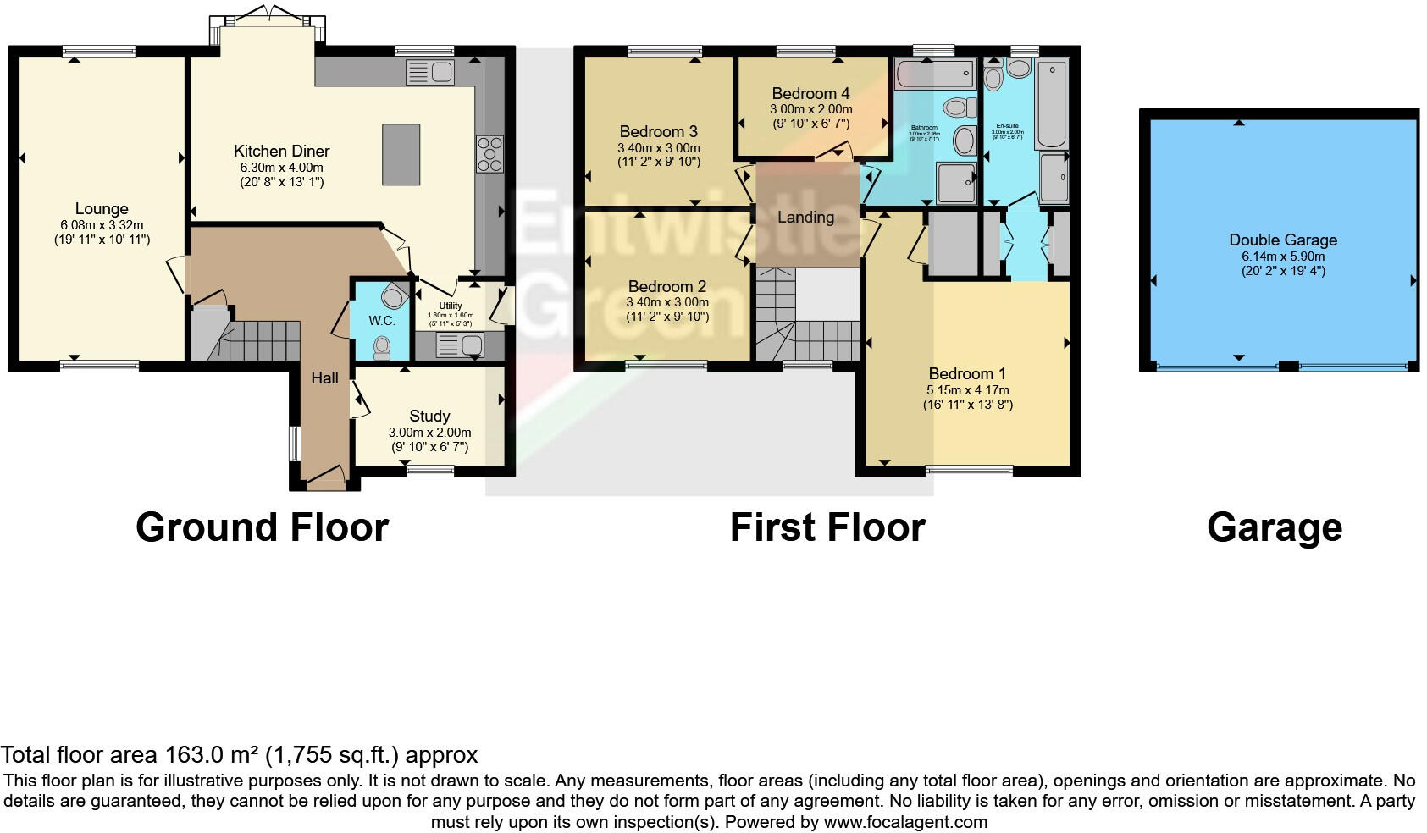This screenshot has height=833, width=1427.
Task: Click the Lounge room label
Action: point(102,209)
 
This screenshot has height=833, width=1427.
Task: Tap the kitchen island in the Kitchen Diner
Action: point(401,154)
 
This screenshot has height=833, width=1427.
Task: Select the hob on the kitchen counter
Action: point(489,154)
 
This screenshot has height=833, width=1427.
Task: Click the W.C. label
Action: point(381,321)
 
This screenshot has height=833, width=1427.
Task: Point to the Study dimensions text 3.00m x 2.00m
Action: point(429,432)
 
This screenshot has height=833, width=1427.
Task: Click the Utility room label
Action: point(451,306)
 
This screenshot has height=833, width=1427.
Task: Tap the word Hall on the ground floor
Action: point(324,378)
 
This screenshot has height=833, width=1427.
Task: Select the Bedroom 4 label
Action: point(810,94)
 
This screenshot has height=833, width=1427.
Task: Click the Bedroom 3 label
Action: point(658,132)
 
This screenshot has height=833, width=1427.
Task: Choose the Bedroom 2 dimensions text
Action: point(666,302)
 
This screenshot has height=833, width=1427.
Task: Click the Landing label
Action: point(805,218)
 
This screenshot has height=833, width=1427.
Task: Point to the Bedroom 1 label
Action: point(967,374)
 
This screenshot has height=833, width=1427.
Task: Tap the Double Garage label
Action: point(1282,240)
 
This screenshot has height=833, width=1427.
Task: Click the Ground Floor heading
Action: point(262,527)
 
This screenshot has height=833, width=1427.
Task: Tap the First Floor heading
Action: point(827,527)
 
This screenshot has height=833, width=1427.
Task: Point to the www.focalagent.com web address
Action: point(904,821)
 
